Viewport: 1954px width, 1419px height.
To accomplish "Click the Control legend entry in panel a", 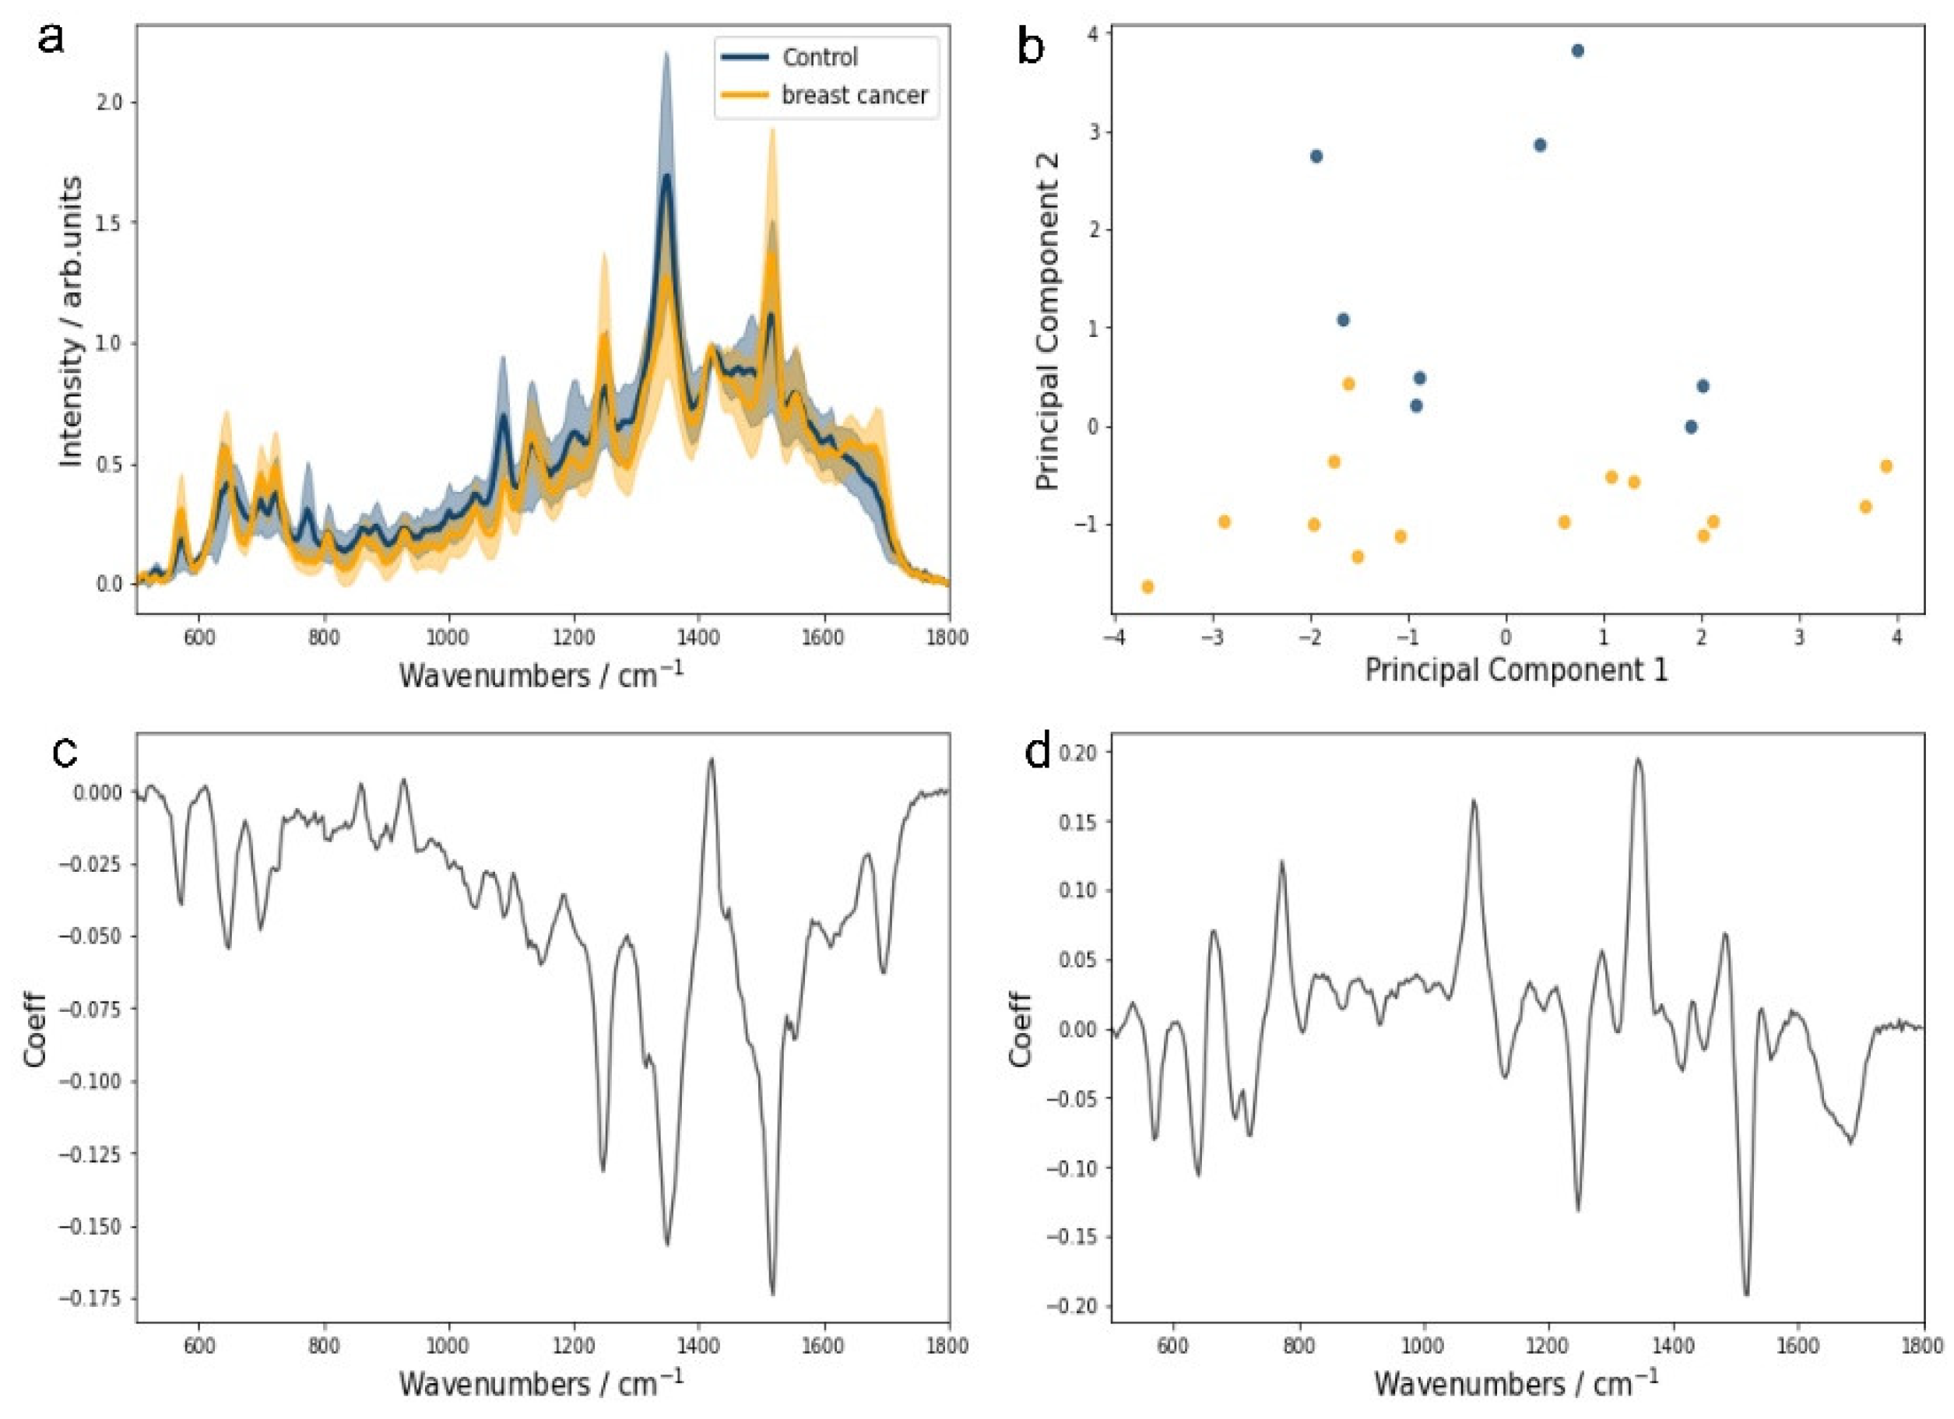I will pyautogui.click(x=818, y=58).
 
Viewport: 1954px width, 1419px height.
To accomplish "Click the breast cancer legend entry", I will pyautogui.click(x=853, y=95).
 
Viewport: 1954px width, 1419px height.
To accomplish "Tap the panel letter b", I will pyautogui.click(x=1031, y=46).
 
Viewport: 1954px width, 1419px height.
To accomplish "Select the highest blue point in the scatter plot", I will pyautogui.click(x=1577, y=51).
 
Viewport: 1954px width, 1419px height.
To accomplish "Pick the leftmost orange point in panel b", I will pyautogui.click(x=1147, y=587).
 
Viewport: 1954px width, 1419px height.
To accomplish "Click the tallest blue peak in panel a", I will pyautogui.click(x=666, y=177).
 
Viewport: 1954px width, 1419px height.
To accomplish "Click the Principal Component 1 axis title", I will pyautogui.click(x=1516, y=669).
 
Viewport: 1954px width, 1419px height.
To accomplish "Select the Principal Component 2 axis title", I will pyautogui.click(x=1048, y=321).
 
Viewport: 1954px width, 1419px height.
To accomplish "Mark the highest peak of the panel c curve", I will pyautogui.click(x=711, y=759).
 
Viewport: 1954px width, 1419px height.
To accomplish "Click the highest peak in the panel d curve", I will pyautogui.click(x=1638, y=759).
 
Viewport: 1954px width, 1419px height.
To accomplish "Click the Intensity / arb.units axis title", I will pyautogui.click(x=72, y=321).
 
